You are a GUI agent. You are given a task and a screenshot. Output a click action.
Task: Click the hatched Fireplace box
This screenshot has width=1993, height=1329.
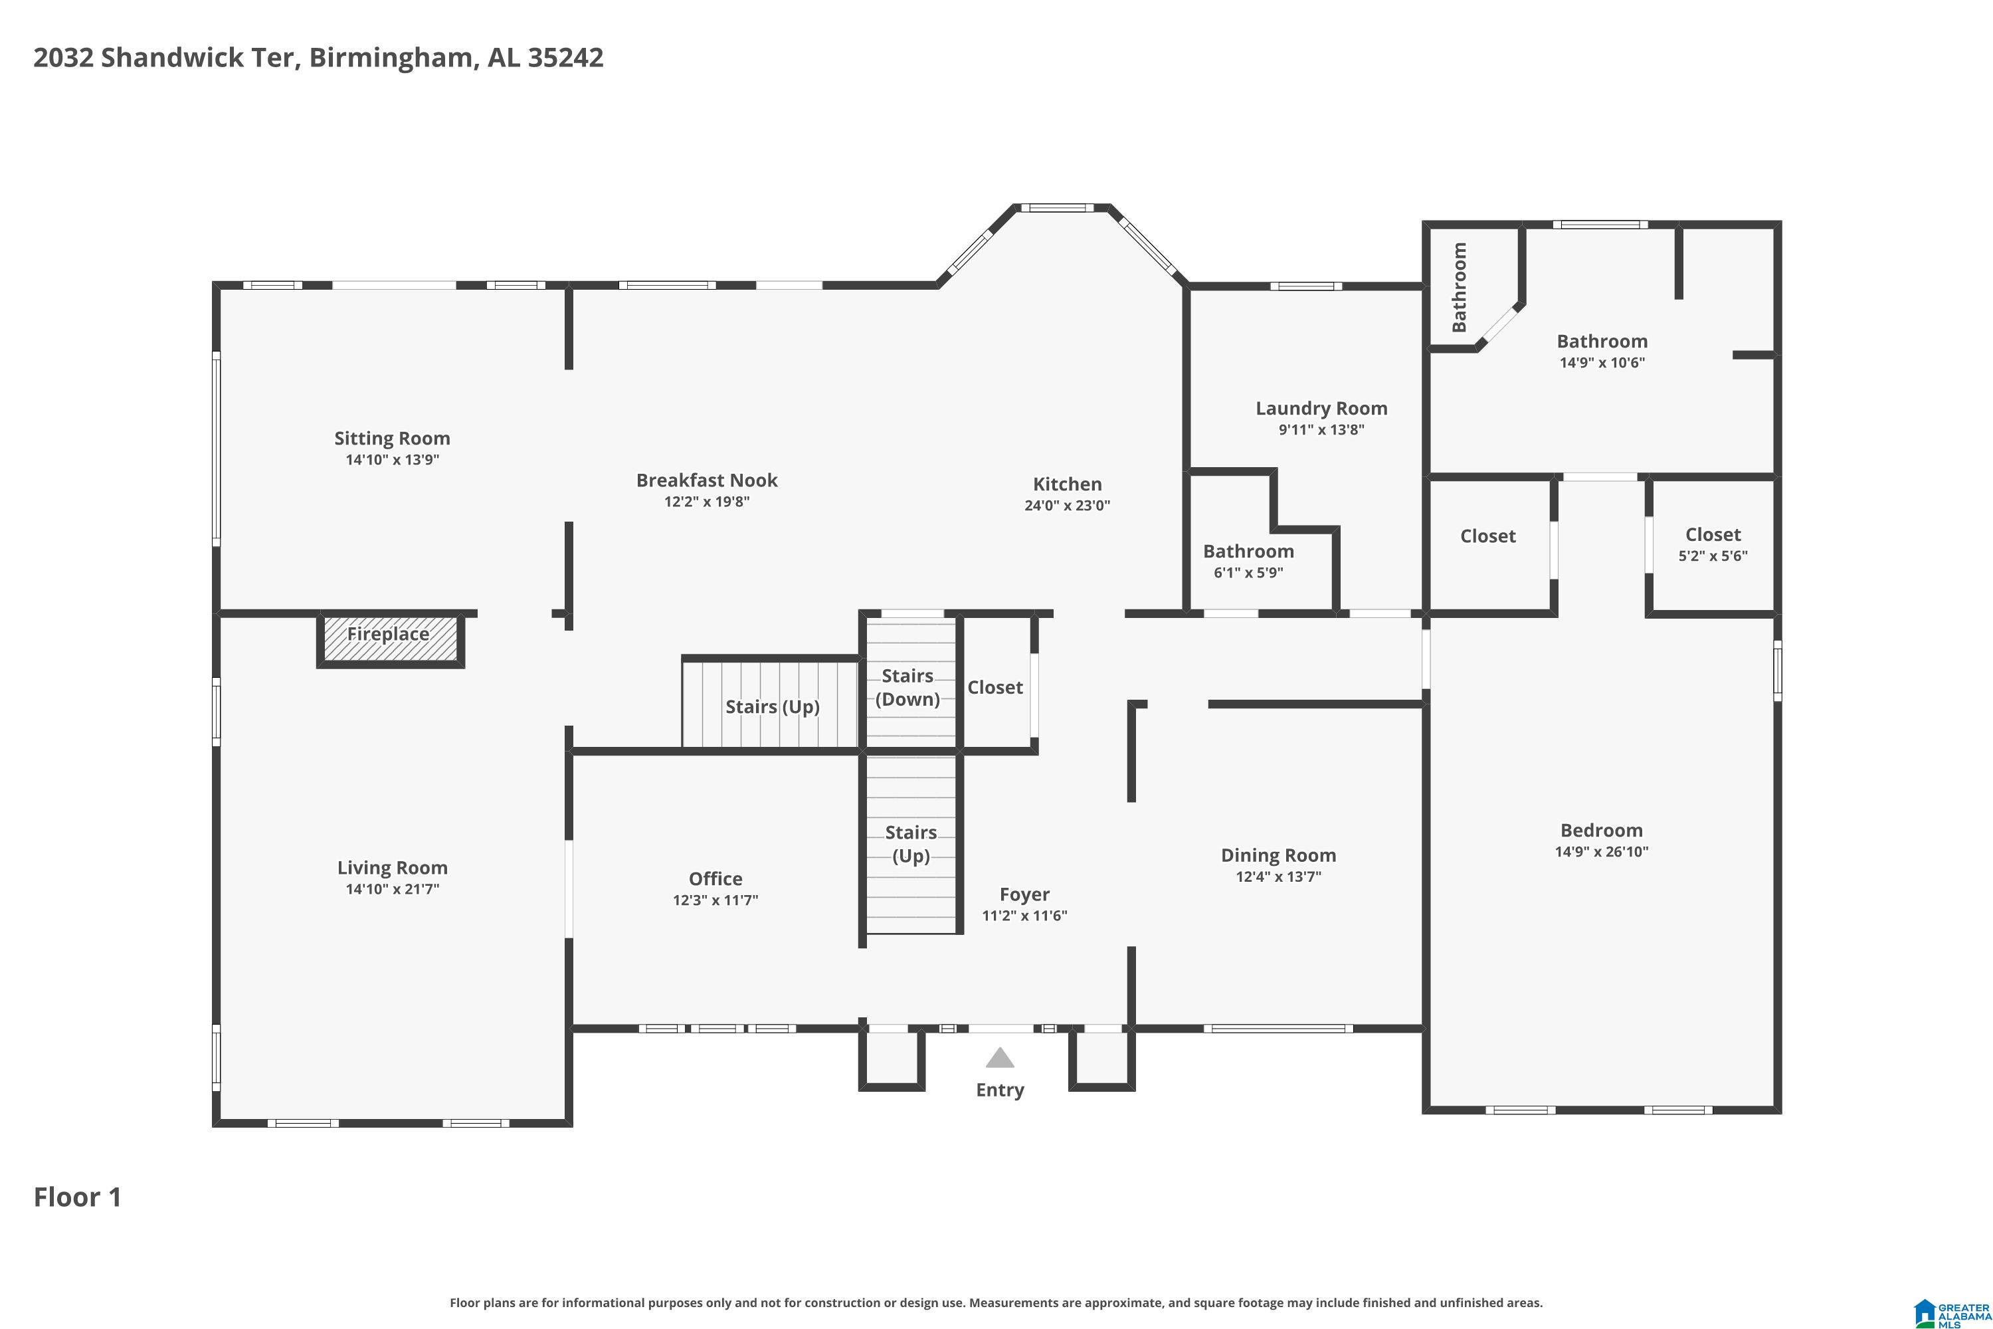coord(390,639)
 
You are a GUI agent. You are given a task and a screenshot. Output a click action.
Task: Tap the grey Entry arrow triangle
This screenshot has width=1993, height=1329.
coord(1000,1058)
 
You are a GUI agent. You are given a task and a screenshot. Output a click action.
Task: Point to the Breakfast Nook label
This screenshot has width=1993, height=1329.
coord(707,480)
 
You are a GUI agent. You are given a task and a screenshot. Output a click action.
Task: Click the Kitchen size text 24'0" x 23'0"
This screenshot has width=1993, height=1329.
coord(1067,505)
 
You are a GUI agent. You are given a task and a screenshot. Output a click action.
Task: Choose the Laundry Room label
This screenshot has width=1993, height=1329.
coord(1321,408)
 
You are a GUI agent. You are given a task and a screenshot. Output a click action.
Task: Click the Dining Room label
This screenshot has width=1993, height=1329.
coord(1278,855)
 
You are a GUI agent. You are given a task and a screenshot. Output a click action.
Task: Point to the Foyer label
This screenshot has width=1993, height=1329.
coord(1024,894)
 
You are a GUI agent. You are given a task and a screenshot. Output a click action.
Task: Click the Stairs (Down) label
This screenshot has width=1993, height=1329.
coord(907,687)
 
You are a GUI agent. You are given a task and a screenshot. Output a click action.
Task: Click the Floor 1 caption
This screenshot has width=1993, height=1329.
coord(78,1197)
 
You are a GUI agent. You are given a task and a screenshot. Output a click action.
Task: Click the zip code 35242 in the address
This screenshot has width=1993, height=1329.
coord(565,58)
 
